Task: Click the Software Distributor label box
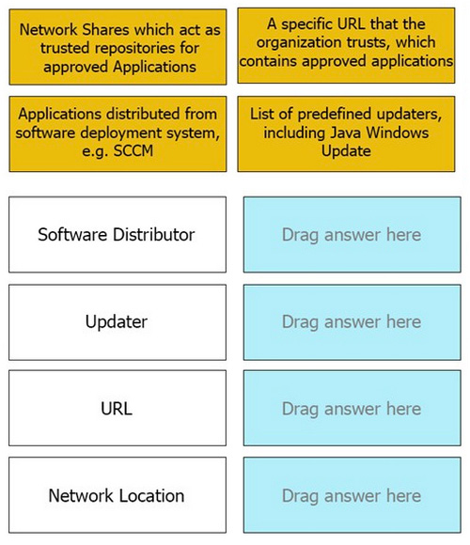117,235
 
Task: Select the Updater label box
117,322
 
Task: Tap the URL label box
117,408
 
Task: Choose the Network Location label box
117,495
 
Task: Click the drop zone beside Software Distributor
352,235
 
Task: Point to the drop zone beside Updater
352,322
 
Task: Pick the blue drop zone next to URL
352,408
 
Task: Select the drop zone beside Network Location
352,495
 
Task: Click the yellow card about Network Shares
117,47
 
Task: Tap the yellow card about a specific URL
346,45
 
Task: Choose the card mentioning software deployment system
117,133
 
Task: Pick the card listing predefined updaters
346,133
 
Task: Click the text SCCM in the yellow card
133,151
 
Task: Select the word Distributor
154,235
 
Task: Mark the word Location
150,495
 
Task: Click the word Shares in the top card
106,29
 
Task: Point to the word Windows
398,132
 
